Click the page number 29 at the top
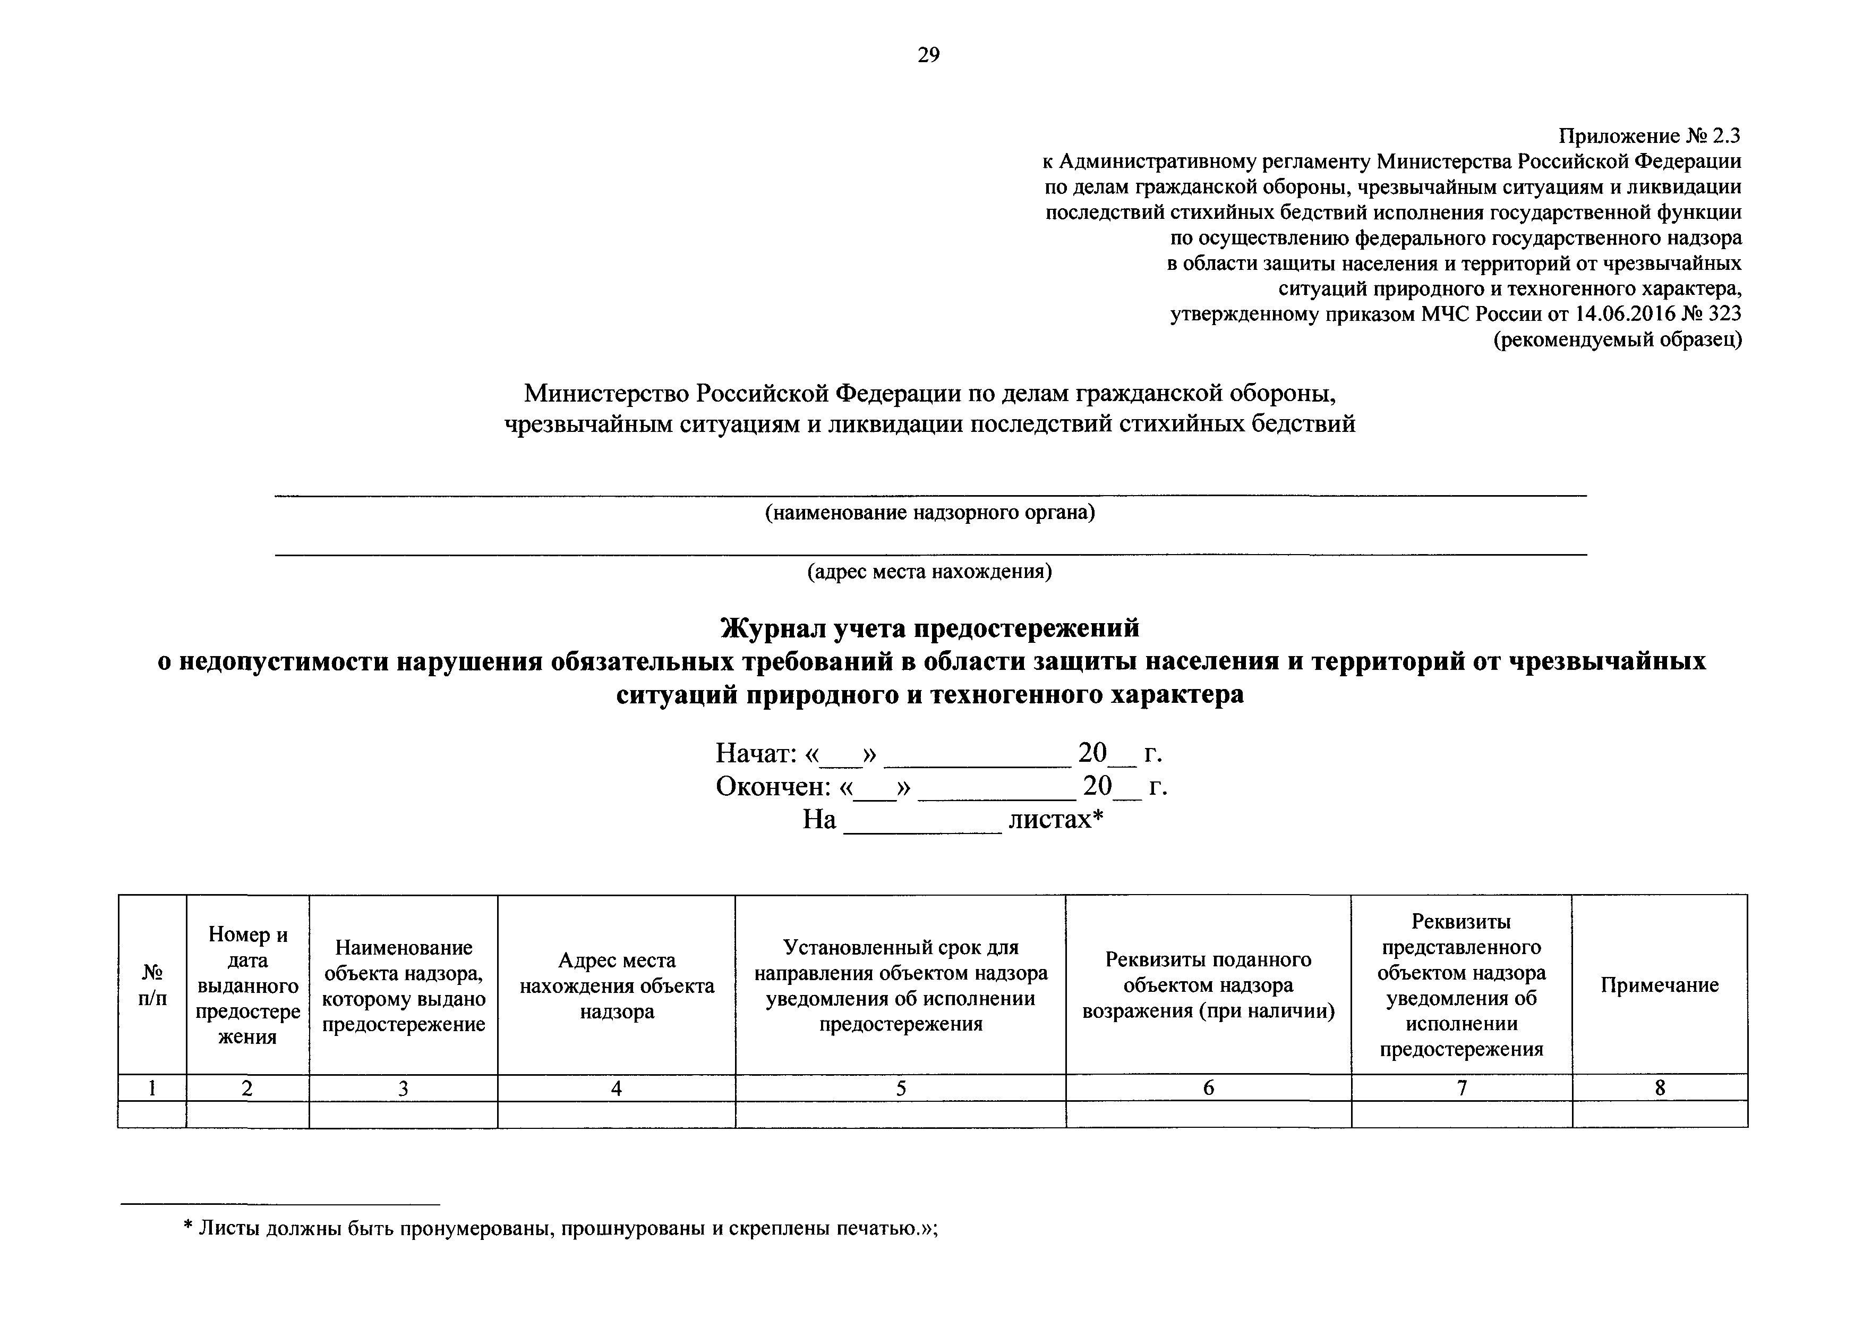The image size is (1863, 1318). click(928, 55)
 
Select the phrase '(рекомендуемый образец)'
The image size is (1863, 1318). click(1618, 339)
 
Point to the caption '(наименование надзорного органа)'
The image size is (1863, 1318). click(930, 513)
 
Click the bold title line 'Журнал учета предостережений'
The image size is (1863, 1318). click(930, 628)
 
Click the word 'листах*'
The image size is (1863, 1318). click(1056, 820)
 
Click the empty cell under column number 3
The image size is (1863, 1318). click(403, 1115)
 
